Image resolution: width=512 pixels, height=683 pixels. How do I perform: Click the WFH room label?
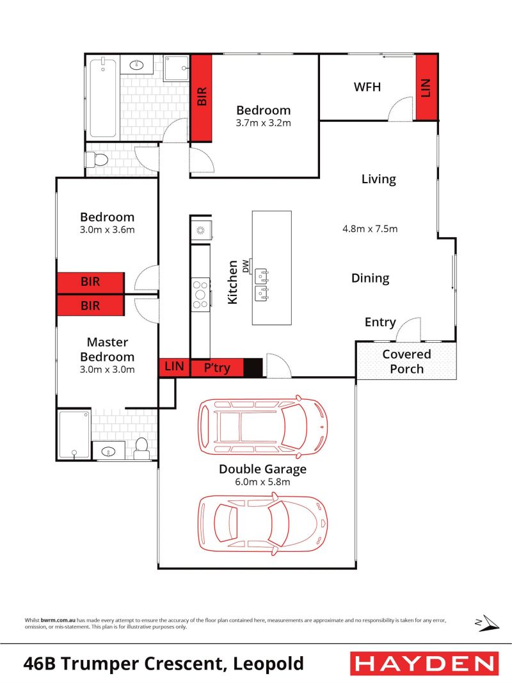pyautogui.click(x=367, y=87)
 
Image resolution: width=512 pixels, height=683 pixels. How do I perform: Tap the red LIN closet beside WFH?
pyautogui.click(x=426, y=86)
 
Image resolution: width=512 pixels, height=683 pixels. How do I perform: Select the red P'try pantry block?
pyautogui.click(x=217, y=368)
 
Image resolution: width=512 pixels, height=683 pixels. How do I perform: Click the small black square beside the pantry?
pyautogui.click(x=253, y=368)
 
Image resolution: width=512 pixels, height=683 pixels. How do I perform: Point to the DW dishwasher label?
pyautogui.click(x=246, y=266)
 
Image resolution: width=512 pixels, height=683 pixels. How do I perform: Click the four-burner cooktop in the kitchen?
pyautogui.click(x=200, y=295)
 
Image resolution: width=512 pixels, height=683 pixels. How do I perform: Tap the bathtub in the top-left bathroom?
pyautogui.click(x=103, y=98)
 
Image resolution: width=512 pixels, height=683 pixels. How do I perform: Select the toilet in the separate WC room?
pyautogui.click(x=97, y=160)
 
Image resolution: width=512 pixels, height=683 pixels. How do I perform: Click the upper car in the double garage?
pyautogui.click(x=263, y=427)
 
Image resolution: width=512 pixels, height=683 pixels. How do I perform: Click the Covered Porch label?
pyautogui.click(x=407, y=361)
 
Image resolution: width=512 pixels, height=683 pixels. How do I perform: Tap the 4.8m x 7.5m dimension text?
pyautogui.click(x=370, y=229)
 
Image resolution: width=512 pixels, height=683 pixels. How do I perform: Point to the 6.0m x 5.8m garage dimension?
pyautogui.click(x=262, y=482)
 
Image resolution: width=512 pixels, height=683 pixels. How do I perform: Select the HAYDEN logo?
pyautogui.click(x=424, y=664)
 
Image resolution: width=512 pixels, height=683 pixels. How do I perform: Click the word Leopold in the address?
pyautogui.click(x=268, y=664)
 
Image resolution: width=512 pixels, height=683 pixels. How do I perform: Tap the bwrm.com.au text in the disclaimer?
pyautogui.click(x=58, y=620)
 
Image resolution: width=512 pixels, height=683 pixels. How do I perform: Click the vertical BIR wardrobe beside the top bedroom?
pyautogui.click(x=202, y=97)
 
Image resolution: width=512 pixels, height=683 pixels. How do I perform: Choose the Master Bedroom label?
pyautogui.click(x=107, y=349)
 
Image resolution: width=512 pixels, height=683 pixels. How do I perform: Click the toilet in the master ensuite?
pyautogui.click(x=141, y=448)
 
